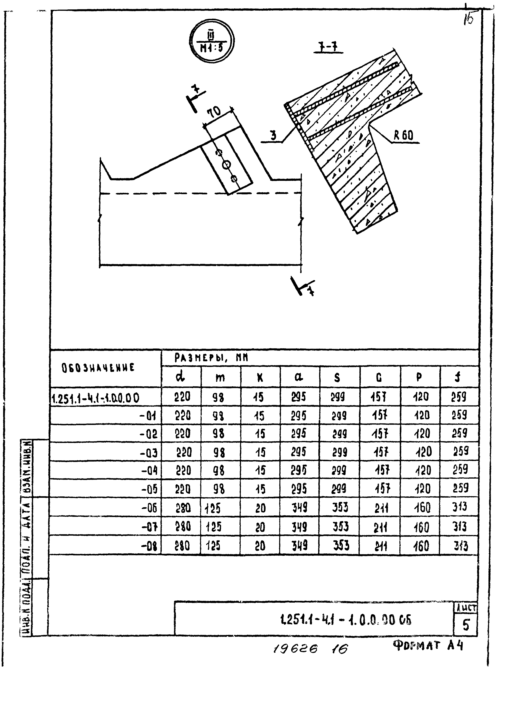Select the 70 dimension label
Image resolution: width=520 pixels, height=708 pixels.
pyautogui.click(x=215, y=112)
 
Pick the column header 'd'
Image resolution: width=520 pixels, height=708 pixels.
pyautogui.click(x=181, y=377)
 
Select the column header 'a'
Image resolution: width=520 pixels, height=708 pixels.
pyautogui.click(x=299, y=377)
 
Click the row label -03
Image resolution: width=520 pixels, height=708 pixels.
pyautogui.click(x=149, y=453)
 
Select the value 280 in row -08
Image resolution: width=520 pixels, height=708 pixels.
pyautogui.click(x=182, y=545)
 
